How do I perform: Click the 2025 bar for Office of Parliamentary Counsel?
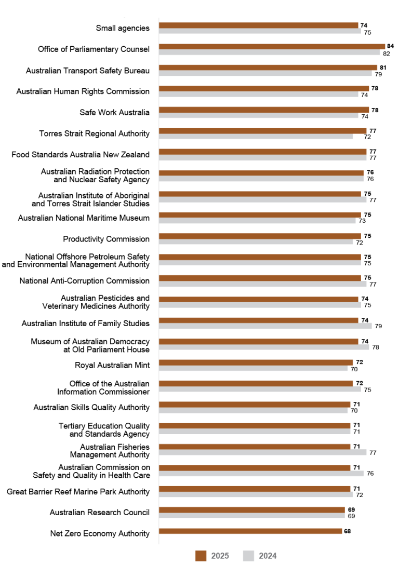pos(272,46)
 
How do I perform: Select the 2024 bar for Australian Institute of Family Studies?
pos(265,326)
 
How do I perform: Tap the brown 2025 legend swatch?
pos(201,556)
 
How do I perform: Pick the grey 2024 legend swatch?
pos(249,556)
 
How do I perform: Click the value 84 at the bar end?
pos(390,46)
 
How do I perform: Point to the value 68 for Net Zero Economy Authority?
pos(347,531)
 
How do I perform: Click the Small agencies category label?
pos(123,28)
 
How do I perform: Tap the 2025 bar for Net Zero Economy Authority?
pos(250,531)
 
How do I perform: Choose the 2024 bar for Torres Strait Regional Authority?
pos(256,137)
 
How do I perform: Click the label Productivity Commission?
pos(106,239)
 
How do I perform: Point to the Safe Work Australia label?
pos(114,112)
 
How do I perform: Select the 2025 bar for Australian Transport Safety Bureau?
pos(268,68)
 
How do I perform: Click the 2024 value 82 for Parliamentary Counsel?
pos(387,53)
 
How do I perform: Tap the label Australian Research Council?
pos(100,513)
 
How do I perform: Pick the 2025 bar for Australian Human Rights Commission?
pos(264,88)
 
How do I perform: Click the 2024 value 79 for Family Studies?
pos(378,326)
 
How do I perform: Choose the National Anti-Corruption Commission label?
pos(85,281)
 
